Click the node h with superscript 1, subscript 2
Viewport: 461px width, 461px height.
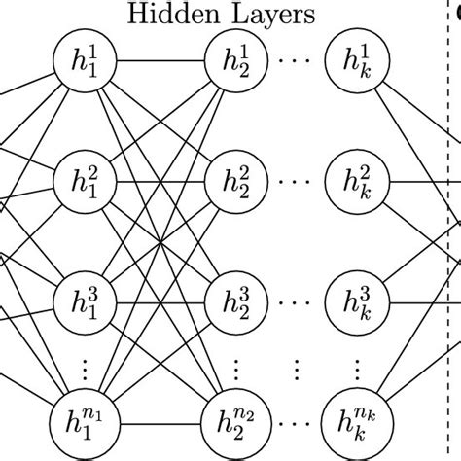pos(234,67)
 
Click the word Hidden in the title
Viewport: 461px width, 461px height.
pos(173,14)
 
